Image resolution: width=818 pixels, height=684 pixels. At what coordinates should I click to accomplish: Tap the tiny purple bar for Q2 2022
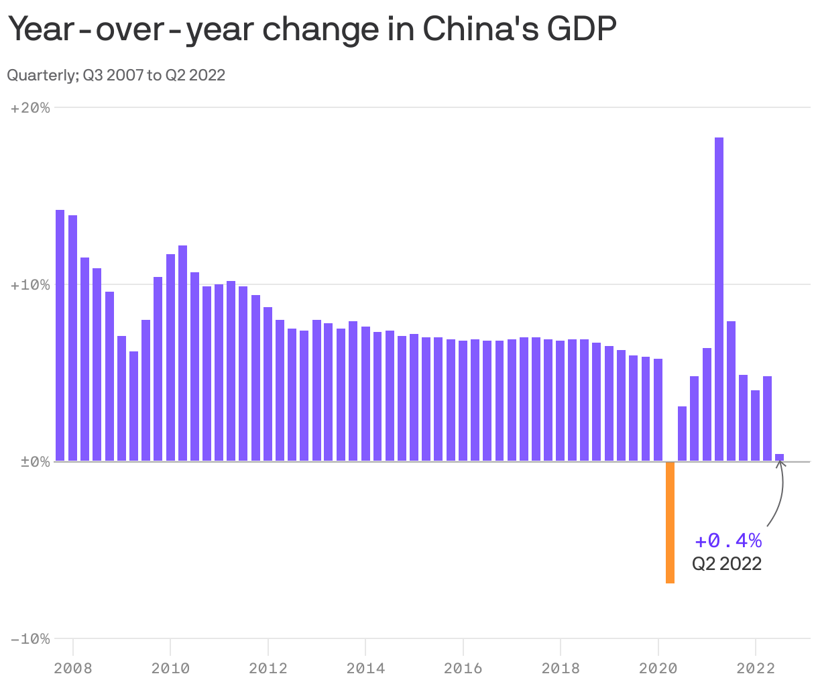coord(779,457)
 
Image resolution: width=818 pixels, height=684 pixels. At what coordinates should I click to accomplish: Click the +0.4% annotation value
coord(728,540)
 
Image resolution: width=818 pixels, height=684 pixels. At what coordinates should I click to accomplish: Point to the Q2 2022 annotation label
coord(727,563)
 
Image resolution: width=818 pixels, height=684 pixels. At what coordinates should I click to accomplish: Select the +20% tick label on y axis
coord(31,107)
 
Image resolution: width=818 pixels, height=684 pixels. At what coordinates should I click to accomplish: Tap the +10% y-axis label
coord(31,284)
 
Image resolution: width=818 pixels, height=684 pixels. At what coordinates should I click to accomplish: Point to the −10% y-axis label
coord(31,638)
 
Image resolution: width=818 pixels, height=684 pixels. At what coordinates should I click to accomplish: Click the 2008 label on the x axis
coord(72,668)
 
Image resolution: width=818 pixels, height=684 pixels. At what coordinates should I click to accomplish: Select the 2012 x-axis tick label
coord(268,668)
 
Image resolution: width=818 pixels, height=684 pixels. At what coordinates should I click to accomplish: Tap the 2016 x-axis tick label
coord(463,668)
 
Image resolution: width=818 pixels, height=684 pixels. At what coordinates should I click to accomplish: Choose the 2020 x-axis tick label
coord(658,668)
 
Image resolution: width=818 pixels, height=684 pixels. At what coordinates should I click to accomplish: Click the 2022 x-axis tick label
coord(756,668)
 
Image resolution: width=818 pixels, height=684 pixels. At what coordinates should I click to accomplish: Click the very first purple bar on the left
coord(60,335)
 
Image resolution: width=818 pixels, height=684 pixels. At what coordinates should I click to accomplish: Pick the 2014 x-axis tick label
coord(365,668)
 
